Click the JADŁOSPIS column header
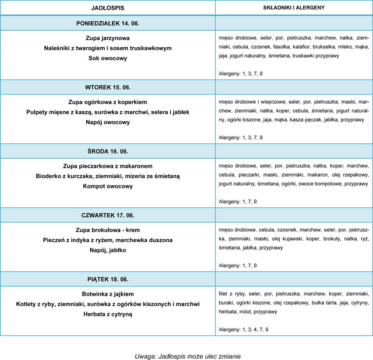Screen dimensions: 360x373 (x=108, y=7)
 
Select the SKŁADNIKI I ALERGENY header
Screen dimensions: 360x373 (x=294, y=7)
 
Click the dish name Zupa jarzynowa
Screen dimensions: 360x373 (x=108, y=38)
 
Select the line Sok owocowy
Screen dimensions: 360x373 (x=108, y=58)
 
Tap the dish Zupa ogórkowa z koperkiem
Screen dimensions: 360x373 (x=108, y=102)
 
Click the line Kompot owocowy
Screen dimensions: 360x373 (x=108, y=186)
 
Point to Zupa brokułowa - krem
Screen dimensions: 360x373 (x=108, y=230)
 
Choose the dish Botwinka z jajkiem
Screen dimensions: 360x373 (x=108, y=294)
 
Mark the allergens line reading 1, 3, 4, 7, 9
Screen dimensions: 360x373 (x=244, y=330)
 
